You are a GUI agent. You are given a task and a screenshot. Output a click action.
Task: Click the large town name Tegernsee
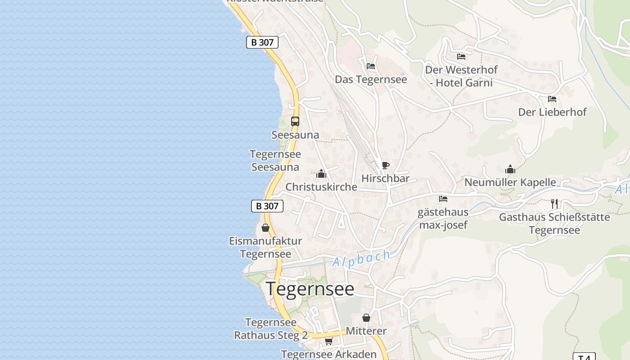pos(310,289)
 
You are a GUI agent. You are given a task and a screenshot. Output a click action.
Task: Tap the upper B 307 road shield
pos(262,42)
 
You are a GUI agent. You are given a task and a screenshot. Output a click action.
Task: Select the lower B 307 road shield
pos(267,206)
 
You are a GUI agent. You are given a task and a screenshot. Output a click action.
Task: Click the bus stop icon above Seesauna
pos(295,121)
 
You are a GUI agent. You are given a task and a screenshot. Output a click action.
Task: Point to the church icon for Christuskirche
pos(321,174)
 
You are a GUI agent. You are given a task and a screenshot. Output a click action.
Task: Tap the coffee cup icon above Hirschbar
pos(386,165)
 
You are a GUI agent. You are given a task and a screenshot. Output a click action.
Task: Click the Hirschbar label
pos(386,179)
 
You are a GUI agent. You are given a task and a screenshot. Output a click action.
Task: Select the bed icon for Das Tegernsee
pos(371,66)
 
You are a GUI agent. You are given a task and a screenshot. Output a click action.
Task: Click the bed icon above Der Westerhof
pos(461,57)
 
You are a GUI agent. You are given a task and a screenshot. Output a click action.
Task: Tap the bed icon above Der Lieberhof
pos(552,99)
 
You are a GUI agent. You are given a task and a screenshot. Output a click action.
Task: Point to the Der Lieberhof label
pos(552,112)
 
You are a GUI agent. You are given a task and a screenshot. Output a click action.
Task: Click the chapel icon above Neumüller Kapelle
pos(510,169)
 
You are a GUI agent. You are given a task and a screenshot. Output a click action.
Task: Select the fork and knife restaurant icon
pos(554,204)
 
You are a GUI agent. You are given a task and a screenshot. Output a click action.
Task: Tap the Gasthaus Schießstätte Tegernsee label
pos(554,224)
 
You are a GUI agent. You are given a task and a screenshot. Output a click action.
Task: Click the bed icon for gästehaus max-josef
pos(443,198)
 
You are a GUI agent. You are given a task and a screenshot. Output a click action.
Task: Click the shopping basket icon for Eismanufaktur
pos(265,228)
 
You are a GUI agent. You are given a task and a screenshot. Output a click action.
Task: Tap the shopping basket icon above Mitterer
pos(366,318)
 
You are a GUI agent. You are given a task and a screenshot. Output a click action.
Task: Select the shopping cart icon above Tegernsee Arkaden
pos(328,342)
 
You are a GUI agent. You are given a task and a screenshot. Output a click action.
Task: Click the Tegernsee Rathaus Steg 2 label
pos(271,329)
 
